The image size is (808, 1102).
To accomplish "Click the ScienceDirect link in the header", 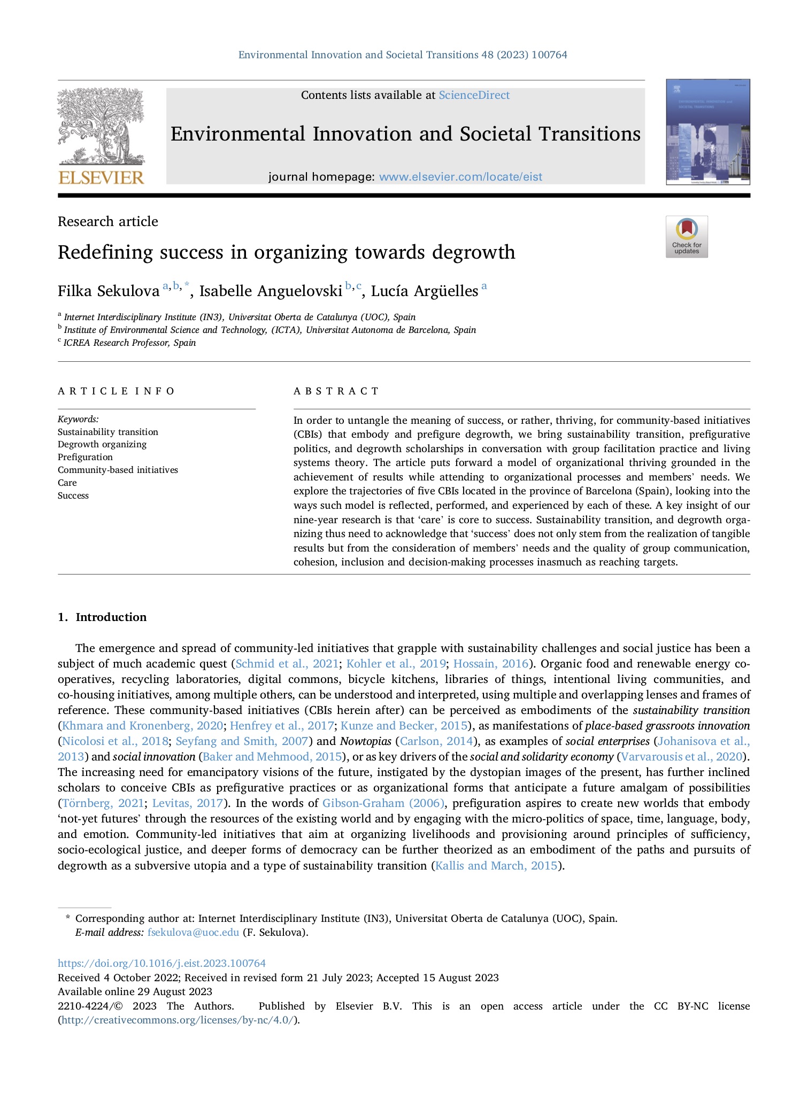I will (x=474, y=95).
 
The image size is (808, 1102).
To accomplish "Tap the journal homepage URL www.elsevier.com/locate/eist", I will (x=460, y=177).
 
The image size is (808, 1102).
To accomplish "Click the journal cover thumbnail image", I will (x=707, y=132).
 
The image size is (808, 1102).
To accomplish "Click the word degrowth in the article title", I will (x=474, y=252).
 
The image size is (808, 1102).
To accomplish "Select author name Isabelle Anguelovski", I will (x=271, y=291).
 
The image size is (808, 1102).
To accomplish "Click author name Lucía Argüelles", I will (x=425, y=291).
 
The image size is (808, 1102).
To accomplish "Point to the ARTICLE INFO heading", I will (x=117, y=391).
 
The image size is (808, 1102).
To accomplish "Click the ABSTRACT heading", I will (x=336, y=391).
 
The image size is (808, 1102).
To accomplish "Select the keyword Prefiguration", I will (x=85, y=457).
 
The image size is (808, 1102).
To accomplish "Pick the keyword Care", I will (x=67, y=483).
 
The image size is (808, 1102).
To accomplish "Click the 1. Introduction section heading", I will (x=102, y=617).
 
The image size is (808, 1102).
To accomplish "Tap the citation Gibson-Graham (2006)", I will (x=383, y=803).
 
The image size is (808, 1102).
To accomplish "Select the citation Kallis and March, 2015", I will (x=496, y=865).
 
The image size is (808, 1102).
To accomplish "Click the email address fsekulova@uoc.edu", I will (x=193, y=932).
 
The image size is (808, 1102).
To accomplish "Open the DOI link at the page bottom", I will (x=161, y=963).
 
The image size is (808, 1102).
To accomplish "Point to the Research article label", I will (x=108, y=221).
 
